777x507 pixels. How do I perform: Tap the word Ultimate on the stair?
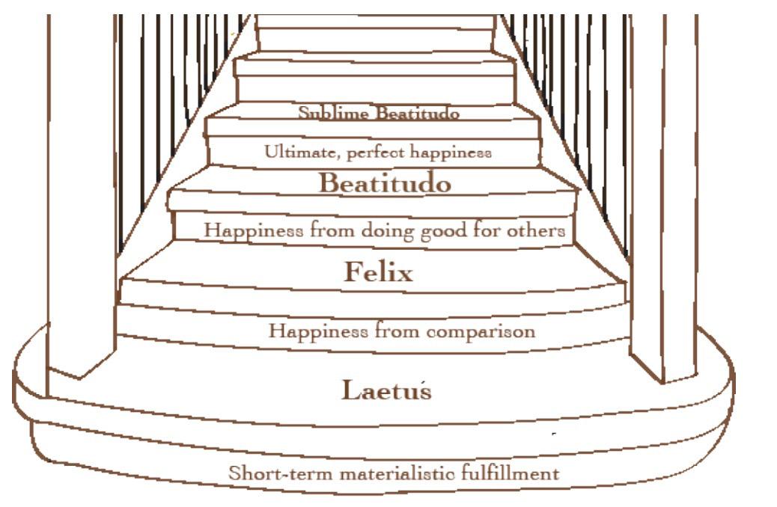[x=294, y=153]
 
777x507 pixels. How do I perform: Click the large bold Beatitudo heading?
[x=386, y=183]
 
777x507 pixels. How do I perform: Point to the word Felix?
[x=378, y=273]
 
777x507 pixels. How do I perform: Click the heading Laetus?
[x=386, y=390]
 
